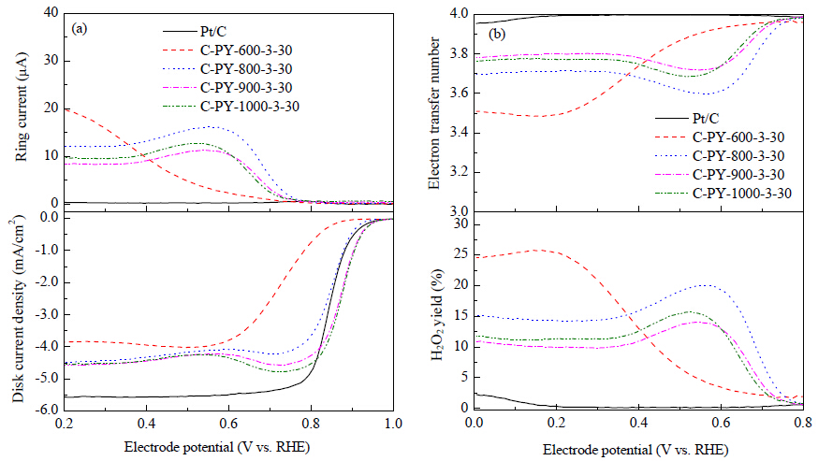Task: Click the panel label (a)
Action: coord(80,29)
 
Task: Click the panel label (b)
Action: coord(497,35)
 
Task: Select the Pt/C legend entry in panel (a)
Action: coord(195,32)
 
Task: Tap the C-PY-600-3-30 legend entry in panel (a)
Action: coord(227,50)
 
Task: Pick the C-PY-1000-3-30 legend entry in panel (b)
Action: coord(723,194)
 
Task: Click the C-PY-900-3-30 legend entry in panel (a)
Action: coord(227,88)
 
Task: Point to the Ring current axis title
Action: coord(21,107)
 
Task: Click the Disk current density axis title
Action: coord(18,309)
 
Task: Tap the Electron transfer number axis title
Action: coord(433,112)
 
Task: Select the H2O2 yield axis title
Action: coord(437,315)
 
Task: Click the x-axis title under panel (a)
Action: coord(216,447)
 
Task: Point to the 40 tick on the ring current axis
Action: coord(51,12)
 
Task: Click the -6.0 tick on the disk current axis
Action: coord(47,410)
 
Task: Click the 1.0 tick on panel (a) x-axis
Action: coord(393,424)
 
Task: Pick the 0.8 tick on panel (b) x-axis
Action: coord(803,422)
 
